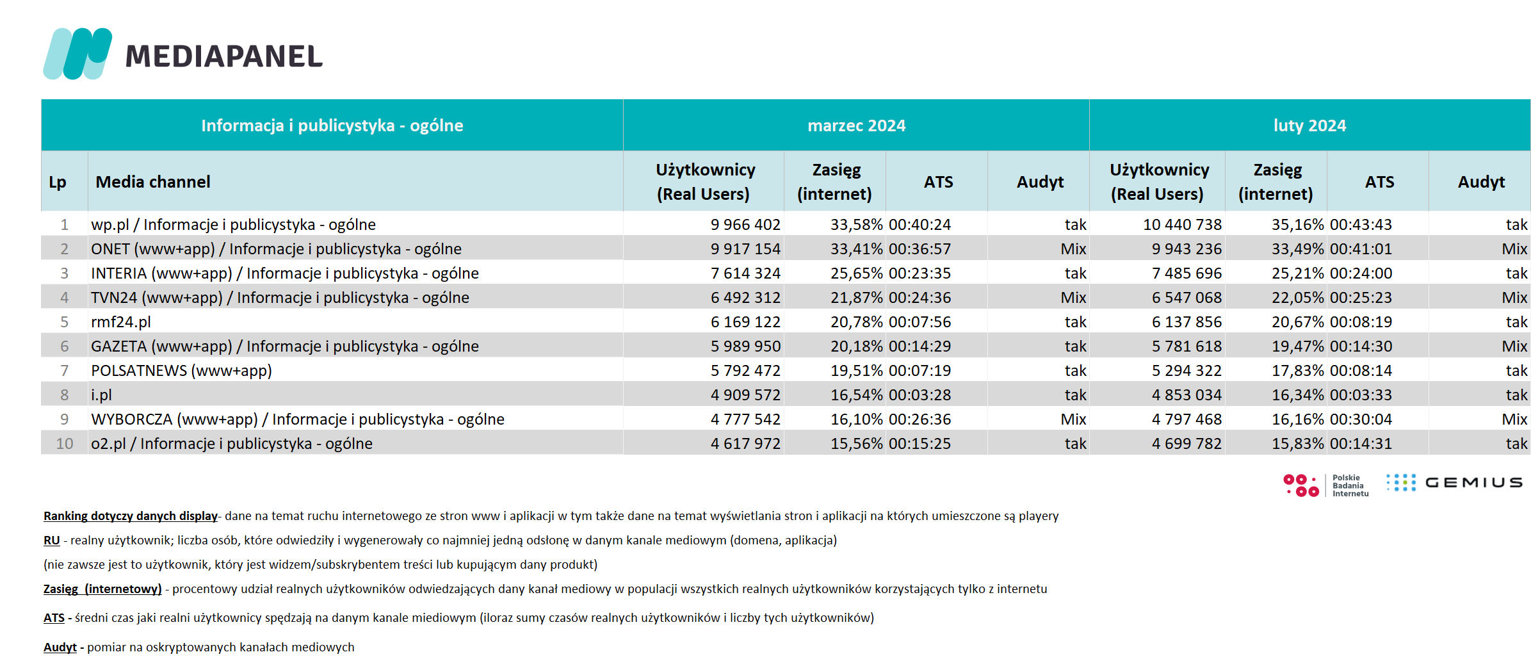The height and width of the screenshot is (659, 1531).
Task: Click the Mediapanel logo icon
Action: point(77,54)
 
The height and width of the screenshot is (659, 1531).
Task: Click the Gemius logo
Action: point(1454,483)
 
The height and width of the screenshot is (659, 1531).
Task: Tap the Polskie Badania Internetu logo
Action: point(1325,485)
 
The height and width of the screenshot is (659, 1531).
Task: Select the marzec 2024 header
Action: point(856,126)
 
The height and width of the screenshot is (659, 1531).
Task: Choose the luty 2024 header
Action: point(1309,126)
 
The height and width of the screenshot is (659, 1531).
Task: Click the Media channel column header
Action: point(153,182)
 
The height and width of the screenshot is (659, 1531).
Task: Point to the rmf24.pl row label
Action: point(121,322)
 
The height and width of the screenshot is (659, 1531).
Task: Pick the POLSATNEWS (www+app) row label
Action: point(181,371)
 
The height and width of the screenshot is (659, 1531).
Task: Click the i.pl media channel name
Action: point(101,395)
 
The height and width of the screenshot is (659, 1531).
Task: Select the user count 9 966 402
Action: point(745,225)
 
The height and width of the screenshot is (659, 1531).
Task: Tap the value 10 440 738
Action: point(1182,225)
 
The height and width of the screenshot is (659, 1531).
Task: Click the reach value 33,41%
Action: point(856,249)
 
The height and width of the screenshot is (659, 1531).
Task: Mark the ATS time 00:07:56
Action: point(919,322)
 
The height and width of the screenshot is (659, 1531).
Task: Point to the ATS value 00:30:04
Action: point(1361,419)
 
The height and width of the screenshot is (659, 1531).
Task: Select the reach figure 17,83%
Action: point(1297,371)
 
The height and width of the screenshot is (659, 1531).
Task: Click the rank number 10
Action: point(65,444)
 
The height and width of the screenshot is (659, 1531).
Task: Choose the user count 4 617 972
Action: point(745,444)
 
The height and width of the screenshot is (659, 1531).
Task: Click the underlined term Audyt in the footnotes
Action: point(60,647)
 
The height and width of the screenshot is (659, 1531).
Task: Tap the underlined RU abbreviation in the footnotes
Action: point(51,541)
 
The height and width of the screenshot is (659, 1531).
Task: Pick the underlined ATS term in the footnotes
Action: point(54,618)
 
